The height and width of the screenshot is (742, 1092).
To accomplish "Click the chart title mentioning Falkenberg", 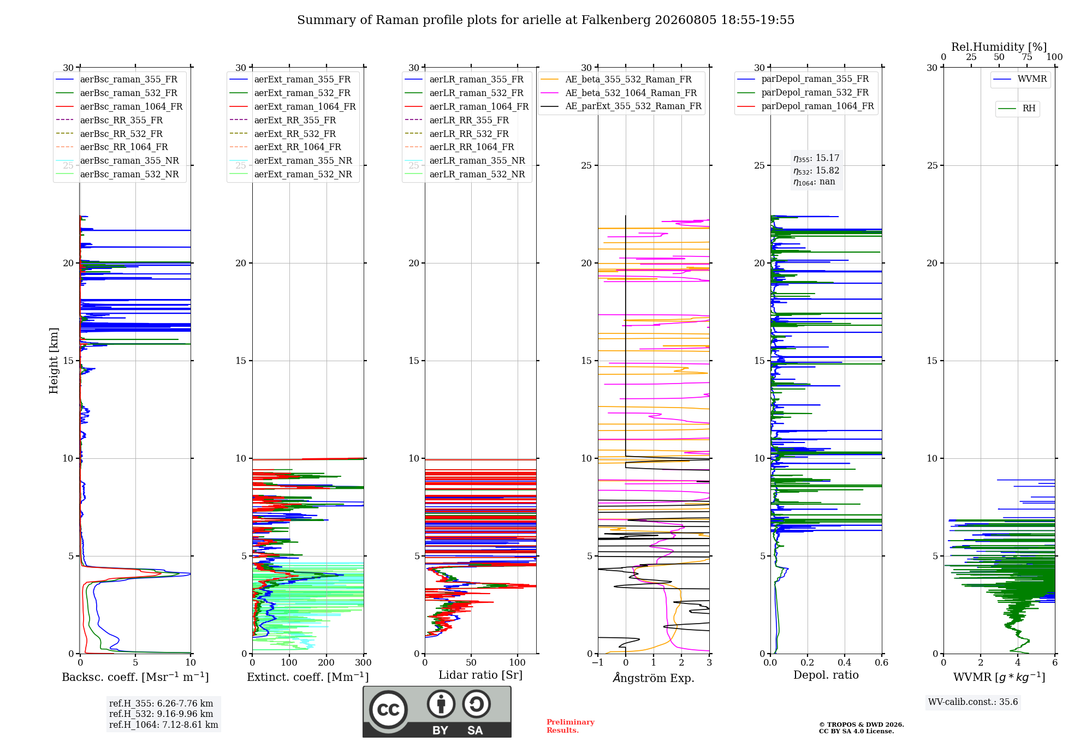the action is point(545,20).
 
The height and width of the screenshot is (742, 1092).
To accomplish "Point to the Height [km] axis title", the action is point(54,361).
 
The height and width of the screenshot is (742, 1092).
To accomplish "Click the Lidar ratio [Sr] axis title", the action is point(480,675).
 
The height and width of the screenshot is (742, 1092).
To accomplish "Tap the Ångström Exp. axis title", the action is point(654,678).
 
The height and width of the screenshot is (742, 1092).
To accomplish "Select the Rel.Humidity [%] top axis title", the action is point(999,47).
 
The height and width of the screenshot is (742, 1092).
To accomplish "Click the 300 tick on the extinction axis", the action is point(364,662).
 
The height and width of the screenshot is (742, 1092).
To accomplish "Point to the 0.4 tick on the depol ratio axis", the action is point(845,662).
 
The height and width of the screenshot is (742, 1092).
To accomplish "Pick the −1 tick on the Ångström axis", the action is point(598,662).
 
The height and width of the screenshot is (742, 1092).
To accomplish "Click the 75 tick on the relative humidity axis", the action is point(1027,57).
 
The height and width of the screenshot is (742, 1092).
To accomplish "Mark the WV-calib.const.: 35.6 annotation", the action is point(973,702).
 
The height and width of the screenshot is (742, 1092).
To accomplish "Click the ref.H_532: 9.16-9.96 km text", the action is point(161,714).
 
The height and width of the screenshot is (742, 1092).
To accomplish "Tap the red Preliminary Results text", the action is point(571,726).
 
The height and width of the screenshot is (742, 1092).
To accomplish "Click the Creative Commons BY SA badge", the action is point(437,711).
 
